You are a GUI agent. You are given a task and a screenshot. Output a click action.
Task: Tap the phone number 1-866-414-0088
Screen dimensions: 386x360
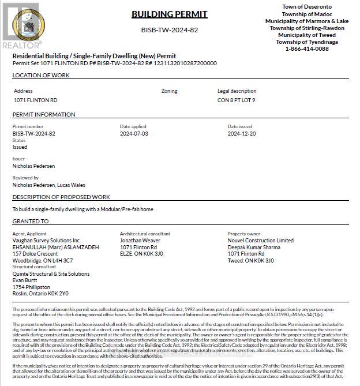[306, 49]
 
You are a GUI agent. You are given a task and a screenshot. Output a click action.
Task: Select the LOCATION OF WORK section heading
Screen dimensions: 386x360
[41, 76]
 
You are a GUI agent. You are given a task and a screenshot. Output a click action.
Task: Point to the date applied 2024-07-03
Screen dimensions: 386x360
[134, 133]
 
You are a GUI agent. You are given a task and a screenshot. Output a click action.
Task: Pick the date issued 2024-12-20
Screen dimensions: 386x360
[242, 133]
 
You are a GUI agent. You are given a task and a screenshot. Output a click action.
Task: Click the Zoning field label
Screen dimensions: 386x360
[169, 91]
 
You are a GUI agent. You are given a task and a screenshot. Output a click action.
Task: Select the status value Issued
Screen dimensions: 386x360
[20, 147]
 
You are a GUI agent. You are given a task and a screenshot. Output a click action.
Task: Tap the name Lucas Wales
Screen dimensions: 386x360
[71, 185]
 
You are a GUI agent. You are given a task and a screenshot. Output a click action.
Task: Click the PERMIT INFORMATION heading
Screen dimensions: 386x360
[44, 115]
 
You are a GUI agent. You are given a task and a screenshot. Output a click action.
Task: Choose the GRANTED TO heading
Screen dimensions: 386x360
[31, 222]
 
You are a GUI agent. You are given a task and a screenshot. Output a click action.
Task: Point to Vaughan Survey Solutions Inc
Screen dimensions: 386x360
[46, 241]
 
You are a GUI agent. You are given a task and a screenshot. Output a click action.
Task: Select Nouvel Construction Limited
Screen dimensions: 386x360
[260, 241]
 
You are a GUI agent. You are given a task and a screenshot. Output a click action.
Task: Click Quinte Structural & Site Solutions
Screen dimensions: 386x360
[51, 274]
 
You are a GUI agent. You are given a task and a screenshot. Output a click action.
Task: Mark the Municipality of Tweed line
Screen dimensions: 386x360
[306, 35]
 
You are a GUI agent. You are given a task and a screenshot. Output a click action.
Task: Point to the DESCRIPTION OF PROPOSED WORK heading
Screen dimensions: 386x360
[61, 197]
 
